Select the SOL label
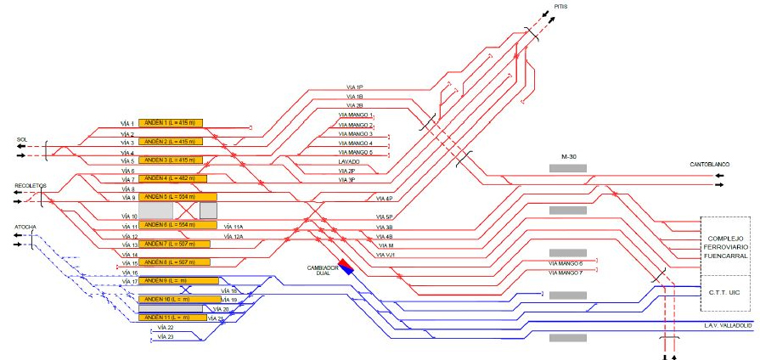click(x=22, y=139)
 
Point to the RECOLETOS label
click(x=30, y=184)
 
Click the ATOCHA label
click(x=25, y=228)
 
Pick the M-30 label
click(x=569, y=158)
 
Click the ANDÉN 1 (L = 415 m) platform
click(x=170, y=123)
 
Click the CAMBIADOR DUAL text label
click(x=324, y=269)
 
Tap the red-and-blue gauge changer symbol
click(x=345, y=266)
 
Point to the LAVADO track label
click(x=349, y=161)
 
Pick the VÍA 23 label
click(x=165, y=336)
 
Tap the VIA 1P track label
click(x=354, y=87)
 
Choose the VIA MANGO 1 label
click(x=356, y=115)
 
